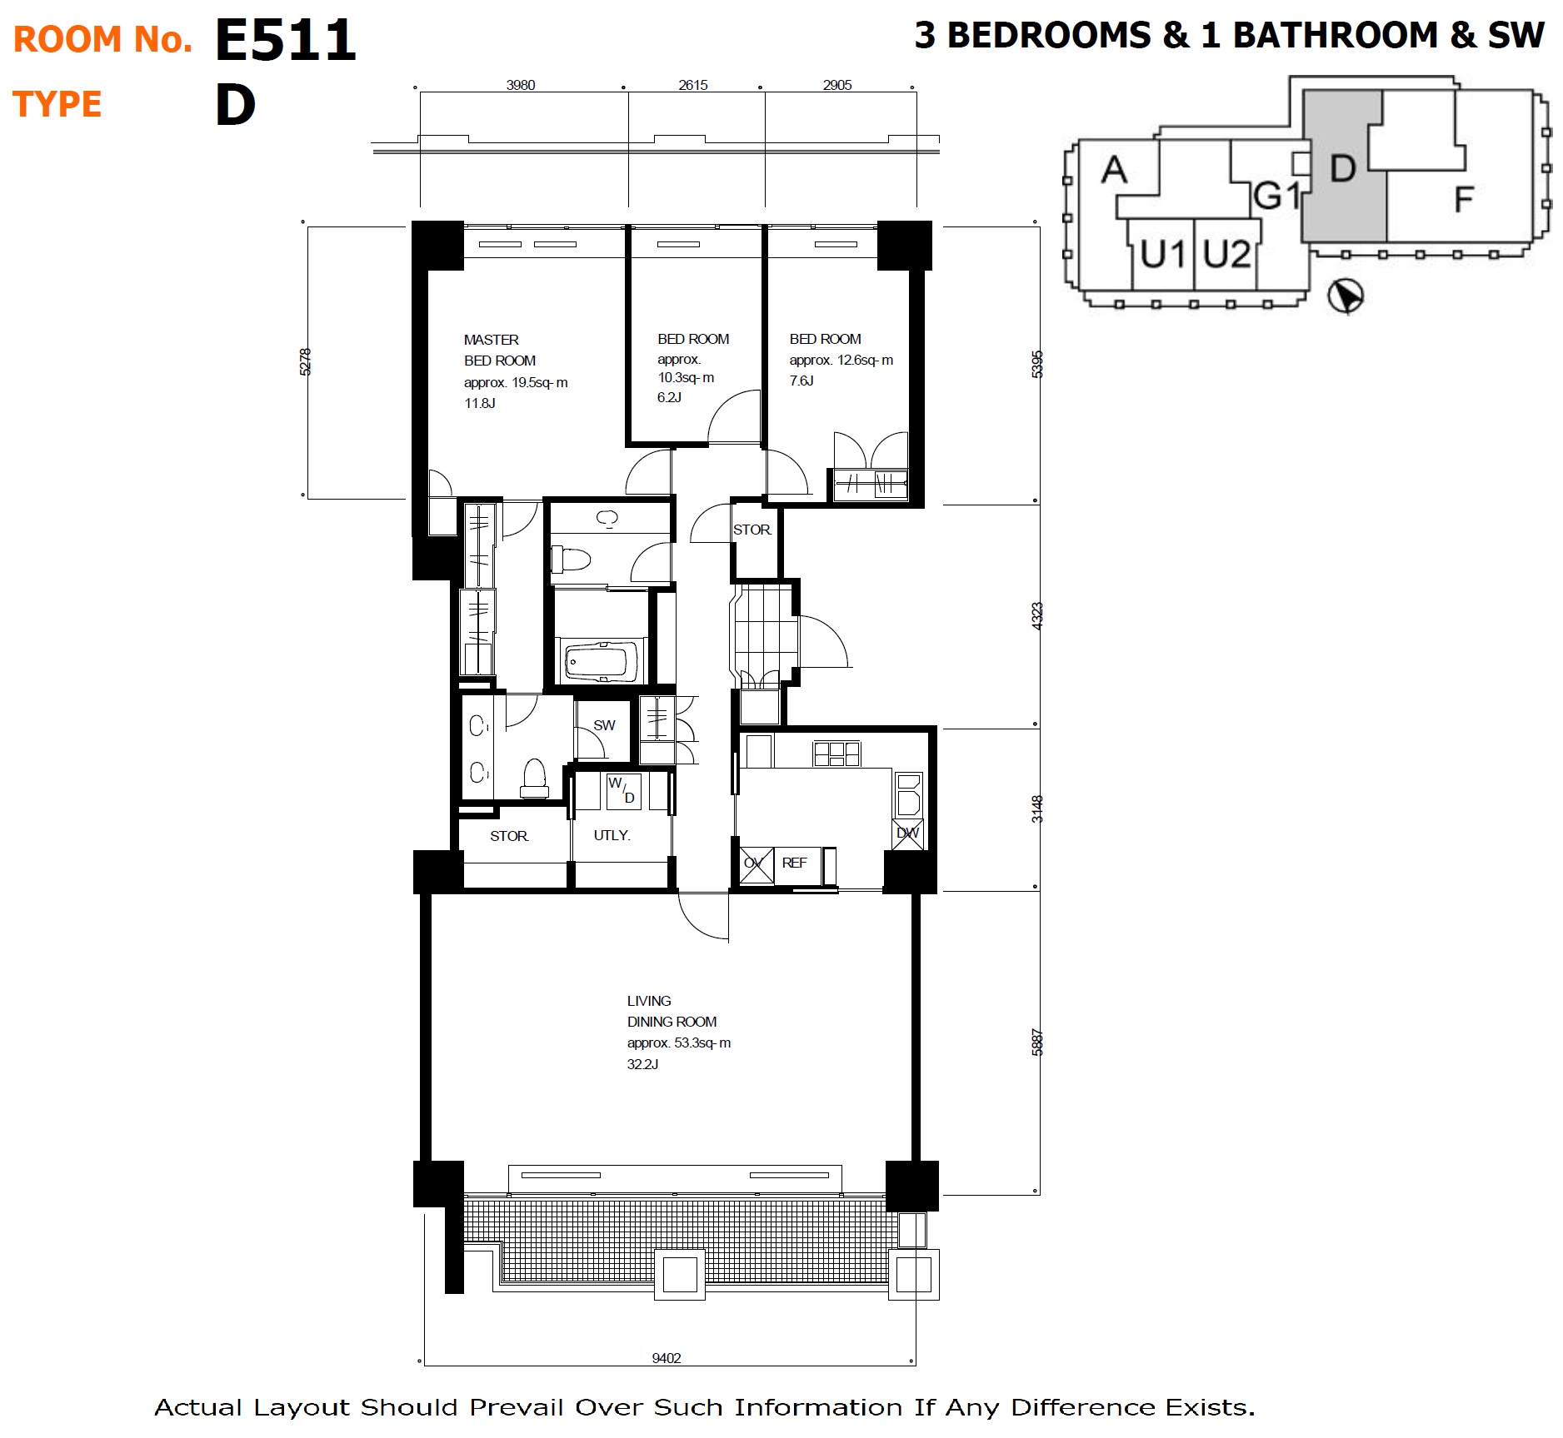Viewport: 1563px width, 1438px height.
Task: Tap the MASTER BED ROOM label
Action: tap(500, 350)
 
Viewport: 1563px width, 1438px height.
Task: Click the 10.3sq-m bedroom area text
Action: tap(686, 378)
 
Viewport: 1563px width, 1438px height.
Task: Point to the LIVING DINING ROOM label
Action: tap(672, 1011)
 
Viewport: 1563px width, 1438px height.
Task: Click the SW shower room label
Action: tap(604, 725)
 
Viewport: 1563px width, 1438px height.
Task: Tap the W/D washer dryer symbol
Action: tap(622, 790)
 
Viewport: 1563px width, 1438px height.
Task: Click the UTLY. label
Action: tap(612, 835)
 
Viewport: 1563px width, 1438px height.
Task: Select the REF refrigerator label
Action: tap(794, 863)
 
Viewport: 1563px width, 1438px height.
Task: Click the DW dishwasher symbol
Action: tap(908, 833)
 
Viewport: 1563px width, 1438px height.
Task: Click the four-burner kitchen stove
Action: tap(836, 754)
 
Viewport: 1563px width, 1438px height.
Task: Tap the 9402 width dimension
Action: tap(667, 1358)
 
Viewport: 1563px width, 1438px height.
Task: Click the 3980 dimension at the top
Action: tap(521, 85)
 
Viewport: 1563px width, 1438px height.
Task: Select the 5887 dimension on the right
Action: tap(1037, 1042)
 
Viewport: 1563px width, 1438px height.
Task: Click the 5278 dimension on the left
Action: tap(305, 362)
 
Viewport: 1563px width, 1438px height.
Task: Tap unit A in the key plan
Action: tap(1114, 170)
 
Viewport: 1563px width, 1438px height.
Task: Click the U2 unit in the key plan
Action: tap(1226, 254)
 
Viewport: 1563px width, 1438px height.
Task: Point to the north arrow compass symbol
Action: tap(1345, 296)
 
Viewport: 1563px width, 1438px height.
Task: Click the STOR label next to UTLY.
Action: tap(509, 836)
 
